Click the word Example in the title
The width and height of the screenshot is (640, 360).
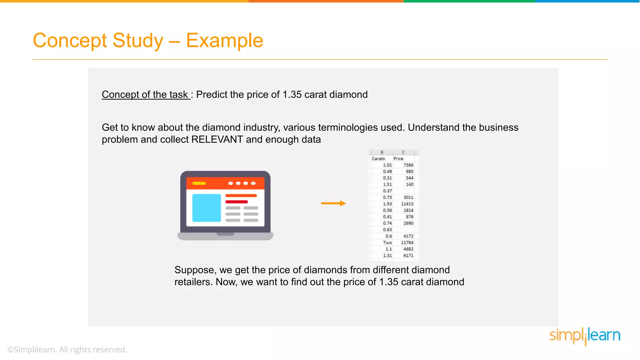(x=224, y=41)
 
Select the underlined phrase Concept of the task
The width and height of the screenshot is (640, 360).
(x=146, y=94)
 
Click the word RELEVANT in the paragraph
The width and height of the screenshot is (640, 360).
(x=217, y=139)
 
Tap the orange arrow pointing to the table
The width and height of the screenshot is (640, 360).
(x=333, y=203)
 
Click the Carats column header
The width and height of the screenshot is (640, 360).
(x=378, y=159)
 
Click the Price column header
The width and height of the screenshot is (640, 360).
(x=398, y=159)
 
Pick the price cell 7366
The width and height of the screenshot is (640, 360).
(x=408, y=165)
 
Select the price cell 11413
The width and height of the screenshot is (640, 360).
(x=407, y=204)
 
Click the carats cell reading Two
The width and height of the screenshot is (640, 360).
(x=387, y=242)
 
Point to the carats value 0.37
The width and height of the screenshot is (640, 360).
(x=387, y=191)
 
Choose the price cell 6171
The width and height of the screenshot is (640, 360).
(x=408, y=256)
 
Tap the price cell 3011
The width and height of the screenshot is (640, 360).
(x=408, y=197)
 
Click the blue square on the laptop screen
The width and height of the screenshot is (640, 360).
(x=206, y=208)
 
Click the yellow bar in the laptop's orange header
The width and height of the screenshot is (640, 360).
(x=199, y=183)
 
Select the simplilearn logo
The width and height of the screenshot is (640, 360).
(x=585, y=336)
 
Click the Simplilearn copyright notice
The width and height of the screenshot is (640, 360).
(x=67, y=350)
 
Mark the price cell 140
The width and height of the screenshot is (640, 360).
(x=409, y=184)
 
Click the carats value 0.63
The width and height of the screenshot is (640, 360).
(x=387, y=230)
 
